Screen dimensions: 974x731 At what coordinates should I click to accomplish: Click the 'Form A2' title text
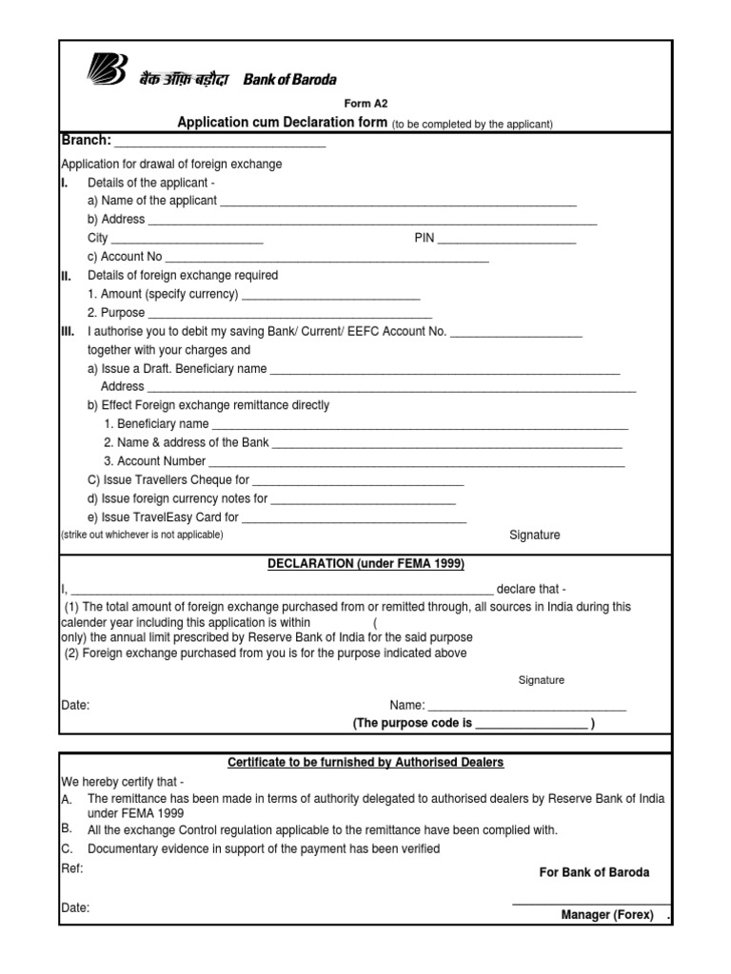[365, 104]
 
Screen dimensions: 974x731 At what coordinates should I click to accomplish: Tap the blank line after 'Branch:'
[220, 143]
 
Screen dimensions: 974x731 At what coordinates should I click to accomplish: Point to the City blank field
[188, 240]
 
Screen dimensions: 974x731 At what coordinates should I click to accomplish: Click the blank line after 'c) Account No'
[327, 258]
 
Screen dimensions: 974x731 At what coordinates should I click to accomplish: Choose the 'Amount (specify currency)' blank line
[330, 295]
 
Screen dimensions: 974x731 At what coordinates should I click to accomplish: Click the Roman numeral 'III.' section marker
[68, 332]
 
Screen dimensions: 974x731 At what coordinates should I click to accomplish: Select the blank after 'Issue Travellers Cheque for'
[358, 481]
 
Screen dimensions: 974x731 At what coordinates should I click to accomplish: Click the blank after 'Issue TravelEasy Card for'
[354, 518]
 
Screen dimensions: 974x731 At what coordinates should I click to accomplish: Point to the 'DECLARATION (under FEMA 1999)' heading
[365, 564]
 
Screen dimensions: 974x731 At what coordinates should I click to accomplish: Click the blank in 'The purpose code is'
[531, 724]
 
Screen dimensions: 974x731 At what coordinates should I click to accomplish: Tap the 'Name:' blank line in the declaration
[526, 706]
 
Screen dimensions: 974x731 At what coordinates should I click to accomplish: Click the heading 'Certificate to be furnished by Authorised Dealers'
[365, 763]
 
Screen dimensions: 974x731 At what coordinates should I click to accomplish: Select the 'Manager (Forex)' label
[607, 915]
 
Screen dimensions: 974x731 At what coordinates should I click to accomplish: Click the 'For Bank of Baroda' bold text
[595, 872]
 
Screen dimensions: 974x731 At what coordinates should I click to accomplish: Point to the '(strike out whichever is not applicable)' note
[142, 536]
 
